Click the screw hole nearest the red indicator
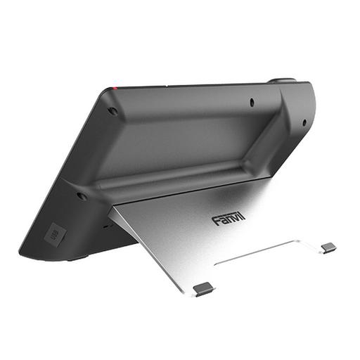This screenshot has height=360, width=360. coord(112,110)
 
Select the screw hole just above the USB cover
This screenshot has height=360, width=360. coord(82,195)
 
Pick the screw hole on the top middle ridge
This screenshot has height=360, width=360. coord(252,102)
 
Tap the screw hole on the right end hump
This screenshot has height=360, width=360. coord(304,122)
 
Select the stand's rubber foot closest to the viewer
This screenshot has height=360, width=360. coord(203,288)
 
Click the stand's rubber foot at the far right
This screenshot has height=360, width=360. coord(328,247)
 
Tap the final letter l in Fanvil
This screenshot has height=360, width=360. coord(245,217)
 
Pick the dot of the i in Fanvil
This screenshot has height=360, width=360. coord(241,215)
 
